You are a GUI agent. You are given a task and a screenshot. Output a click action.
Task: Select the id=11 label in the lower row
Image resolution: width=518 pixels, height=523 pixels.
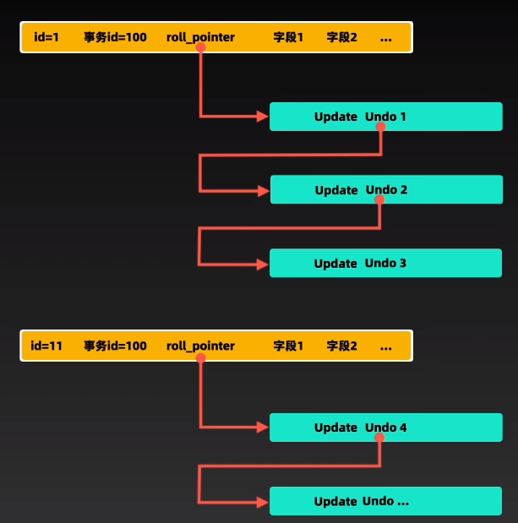tap(46, 346)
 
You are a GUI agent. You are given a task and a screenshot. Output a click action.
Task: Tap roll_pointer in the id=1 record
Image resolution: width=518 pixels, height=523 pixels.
tap(200, 38)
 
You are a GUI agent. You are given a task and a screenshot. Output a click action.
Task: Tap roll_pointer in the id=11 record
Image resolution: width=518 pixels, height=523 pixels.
tap(200, 346)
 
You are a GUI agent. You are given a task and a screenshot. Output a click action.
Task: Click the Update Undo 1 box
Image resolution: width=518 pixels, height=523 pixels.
tap(385, 117)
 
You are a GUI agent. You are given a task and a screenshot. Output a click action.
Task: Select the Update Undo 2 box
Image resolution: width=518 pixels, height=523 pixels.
tap(385, 190)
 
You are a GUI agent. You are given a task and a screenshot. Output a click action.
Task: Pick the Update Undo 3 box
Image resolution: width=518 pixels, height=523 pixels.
tap(385, 264)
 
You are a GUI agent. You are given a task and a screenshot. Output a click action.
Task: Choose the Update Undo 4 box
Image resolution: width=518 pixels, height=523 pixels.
tap(385, 428)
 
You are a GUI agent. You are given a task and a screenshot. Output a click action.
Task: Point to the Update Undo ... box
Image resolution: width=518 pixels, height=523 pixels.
tap(385, 501)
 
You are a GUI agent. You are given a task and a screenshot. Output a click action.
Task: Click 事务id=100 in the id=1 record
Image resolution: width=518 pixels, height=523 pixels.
tap(115, 38)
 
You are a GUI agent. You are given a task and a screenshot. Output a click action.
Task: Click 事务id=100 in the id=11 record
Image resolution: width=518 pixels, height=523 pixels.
tap(115, 346)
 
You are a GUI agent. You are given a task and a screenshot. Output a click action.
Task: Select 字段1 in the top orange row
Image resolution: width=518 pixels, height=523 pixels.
tap(288, 38)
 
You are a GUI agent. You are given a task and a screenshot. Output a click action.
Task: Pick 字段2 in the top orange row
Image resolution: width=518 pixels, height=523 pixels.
tap(342, 38)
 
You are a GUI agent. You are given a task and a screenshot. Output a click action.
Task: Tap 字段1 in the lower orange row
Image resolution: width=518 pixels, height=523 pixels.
tap(288, 346)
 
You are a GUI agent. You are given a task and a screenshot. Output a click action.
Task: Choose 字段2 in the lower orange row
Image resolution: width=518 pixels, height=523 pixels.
tap(342, 346)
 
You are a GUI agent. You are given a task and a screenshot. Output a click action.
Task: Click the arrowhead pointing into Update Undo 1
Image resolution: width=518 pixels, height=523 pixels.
tap(263, 117)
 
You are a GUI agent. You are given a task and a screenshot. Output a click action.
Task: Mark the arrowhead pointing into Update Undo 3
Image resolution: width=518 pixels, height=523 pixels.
tap(263, 264)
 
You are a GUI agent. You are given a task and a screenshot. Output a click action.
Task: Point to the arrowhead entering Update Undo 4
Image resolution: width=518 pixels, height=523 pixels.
tap(263, 428)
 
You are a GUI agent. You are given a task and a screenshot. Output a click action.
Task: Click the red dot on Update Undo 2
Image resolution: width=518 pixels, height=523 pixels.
tap(380, 199)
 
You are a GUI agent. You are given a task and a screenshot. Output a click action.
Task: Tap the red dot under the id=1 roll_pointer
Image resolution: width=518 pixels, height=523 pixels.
tap(200, 48)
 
